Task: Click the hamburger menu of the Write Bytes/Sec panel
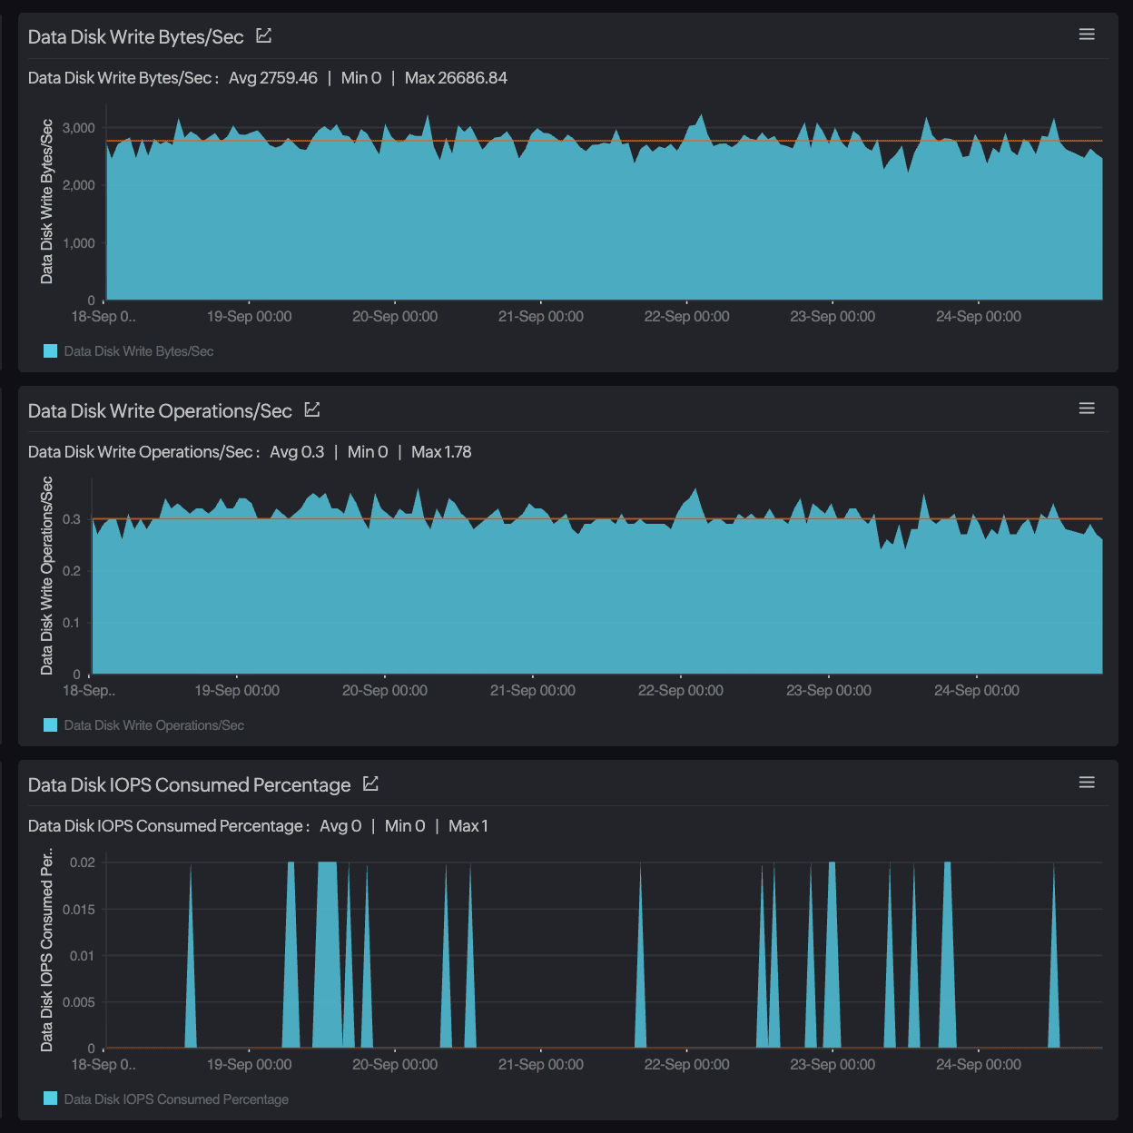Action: pos(1087,34)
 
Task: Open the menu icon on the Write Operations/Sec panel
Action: pos(1087,409)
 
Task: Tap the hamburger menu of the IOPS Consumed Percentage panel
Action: pos(1087,783)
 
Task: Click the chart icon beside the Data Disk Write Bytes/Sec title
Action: pos(264,36)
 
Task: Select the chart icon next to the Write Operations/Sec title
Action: pos(312,410)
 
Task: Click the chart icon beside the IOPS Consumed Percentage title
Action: pos(370,784)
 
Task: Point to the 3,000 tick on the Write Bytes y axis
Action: pos(79,128)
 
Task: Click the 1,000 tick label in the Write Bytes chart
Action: pos(79,243)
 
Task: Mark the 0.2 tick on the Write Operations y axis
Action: pos(72,571)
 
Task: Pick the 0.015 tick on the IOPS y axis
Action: pos(79,910)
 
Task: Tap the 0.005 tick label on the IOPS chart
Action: pos(79,1002)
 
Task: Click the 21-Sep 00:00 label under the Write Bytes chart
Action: pos(541,317)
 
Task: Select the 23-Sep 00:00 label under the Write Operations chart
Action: pos(829,691)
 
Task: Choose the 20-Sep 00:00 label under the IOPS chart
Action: pos(395,1065)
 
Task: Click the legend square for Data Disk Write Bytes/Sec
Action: pos(51,351)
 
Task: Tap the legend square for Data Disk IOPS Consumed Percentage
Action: pos(51,1099)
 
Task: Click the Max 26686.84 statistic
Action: pos(456,78)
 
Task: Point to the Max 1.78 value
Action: pos(441,452)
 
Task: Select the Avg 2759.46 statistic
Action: pos(273,78)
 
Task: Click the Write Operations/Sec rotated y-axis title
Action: pos(47,576)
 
